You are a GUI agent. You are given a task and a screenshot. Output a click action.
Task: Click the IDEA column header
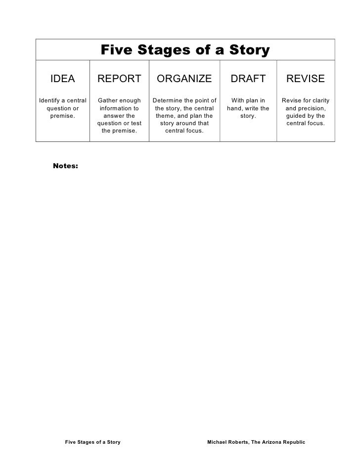tap(63, 79)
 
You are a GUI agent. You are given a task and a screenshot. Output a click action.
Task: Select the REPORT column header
tap(119, 79)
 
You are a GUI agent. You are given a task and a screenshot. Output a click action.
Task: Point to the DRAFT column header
tap(248, 79)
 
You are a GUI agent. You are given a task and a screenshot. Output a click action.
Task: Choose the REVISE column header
tap(305, 79)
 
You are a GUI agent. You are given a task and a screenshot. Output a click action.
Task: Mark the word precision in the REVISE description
tap(312, 108)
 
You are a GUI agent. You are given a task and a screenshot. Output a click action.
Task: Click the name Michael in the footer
tap(219, 441)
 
